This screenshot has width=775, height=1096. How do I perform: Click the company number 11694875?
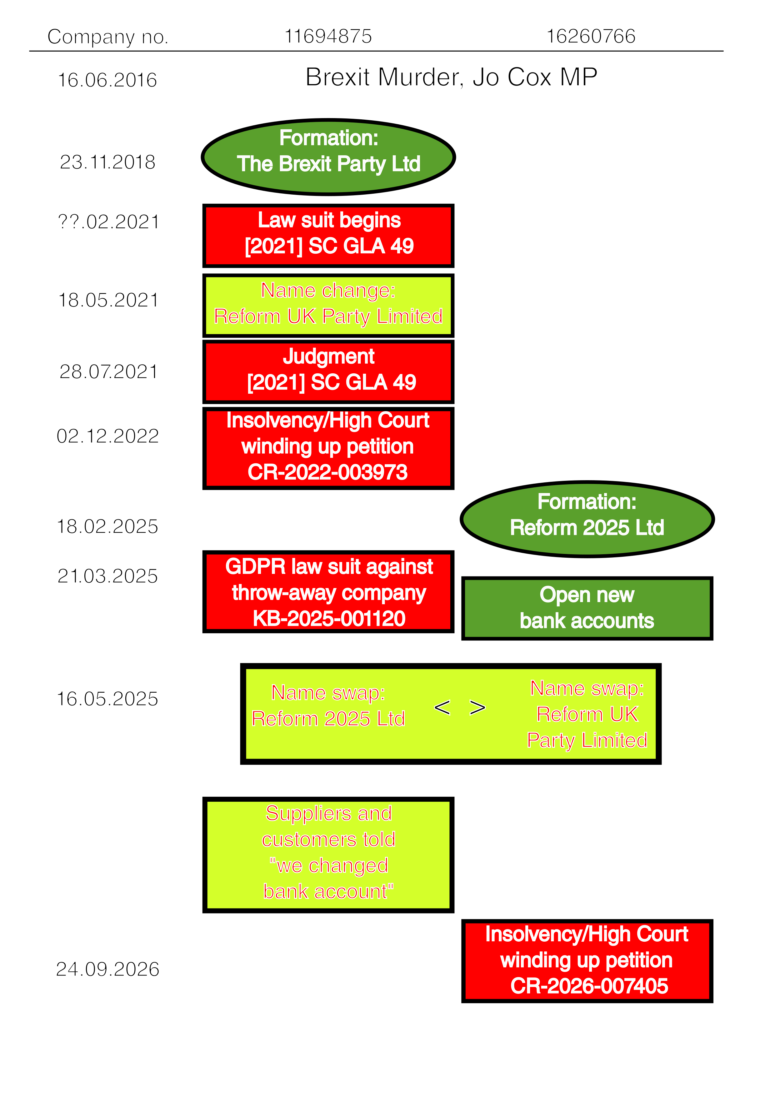(328, 36)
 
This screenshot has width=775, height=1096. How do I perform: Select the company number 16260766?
(591, 36)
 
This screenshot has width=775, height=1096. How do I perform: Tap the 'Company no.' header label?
(108, 37)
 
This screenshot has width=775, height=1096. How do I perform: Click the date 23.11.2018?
(107, 162)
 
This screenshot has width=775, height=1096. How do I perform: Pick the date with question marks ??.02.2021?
(108, 222)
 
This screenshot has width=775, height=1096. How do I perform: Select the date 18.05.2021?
(108, 300)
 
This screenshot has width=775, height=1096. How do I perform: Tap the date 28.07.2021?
(108, 372)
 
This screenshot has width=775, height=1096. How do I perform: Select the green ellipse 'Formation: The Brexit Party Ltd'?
(328, 157)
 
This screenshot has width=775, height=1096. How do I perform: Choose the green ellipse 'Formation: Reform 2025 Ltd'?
(587, 519)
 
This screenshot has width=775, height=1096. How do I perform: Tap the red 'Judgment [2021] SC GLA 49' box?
(328, 372)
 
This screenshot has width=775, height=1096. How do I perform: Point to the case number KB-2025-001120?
(329, 619)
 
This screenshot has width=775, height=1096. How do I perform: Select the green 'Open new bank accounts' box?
(587, 608)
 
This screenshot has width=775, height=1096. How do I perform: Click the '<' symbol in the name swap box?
(442, 707)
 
